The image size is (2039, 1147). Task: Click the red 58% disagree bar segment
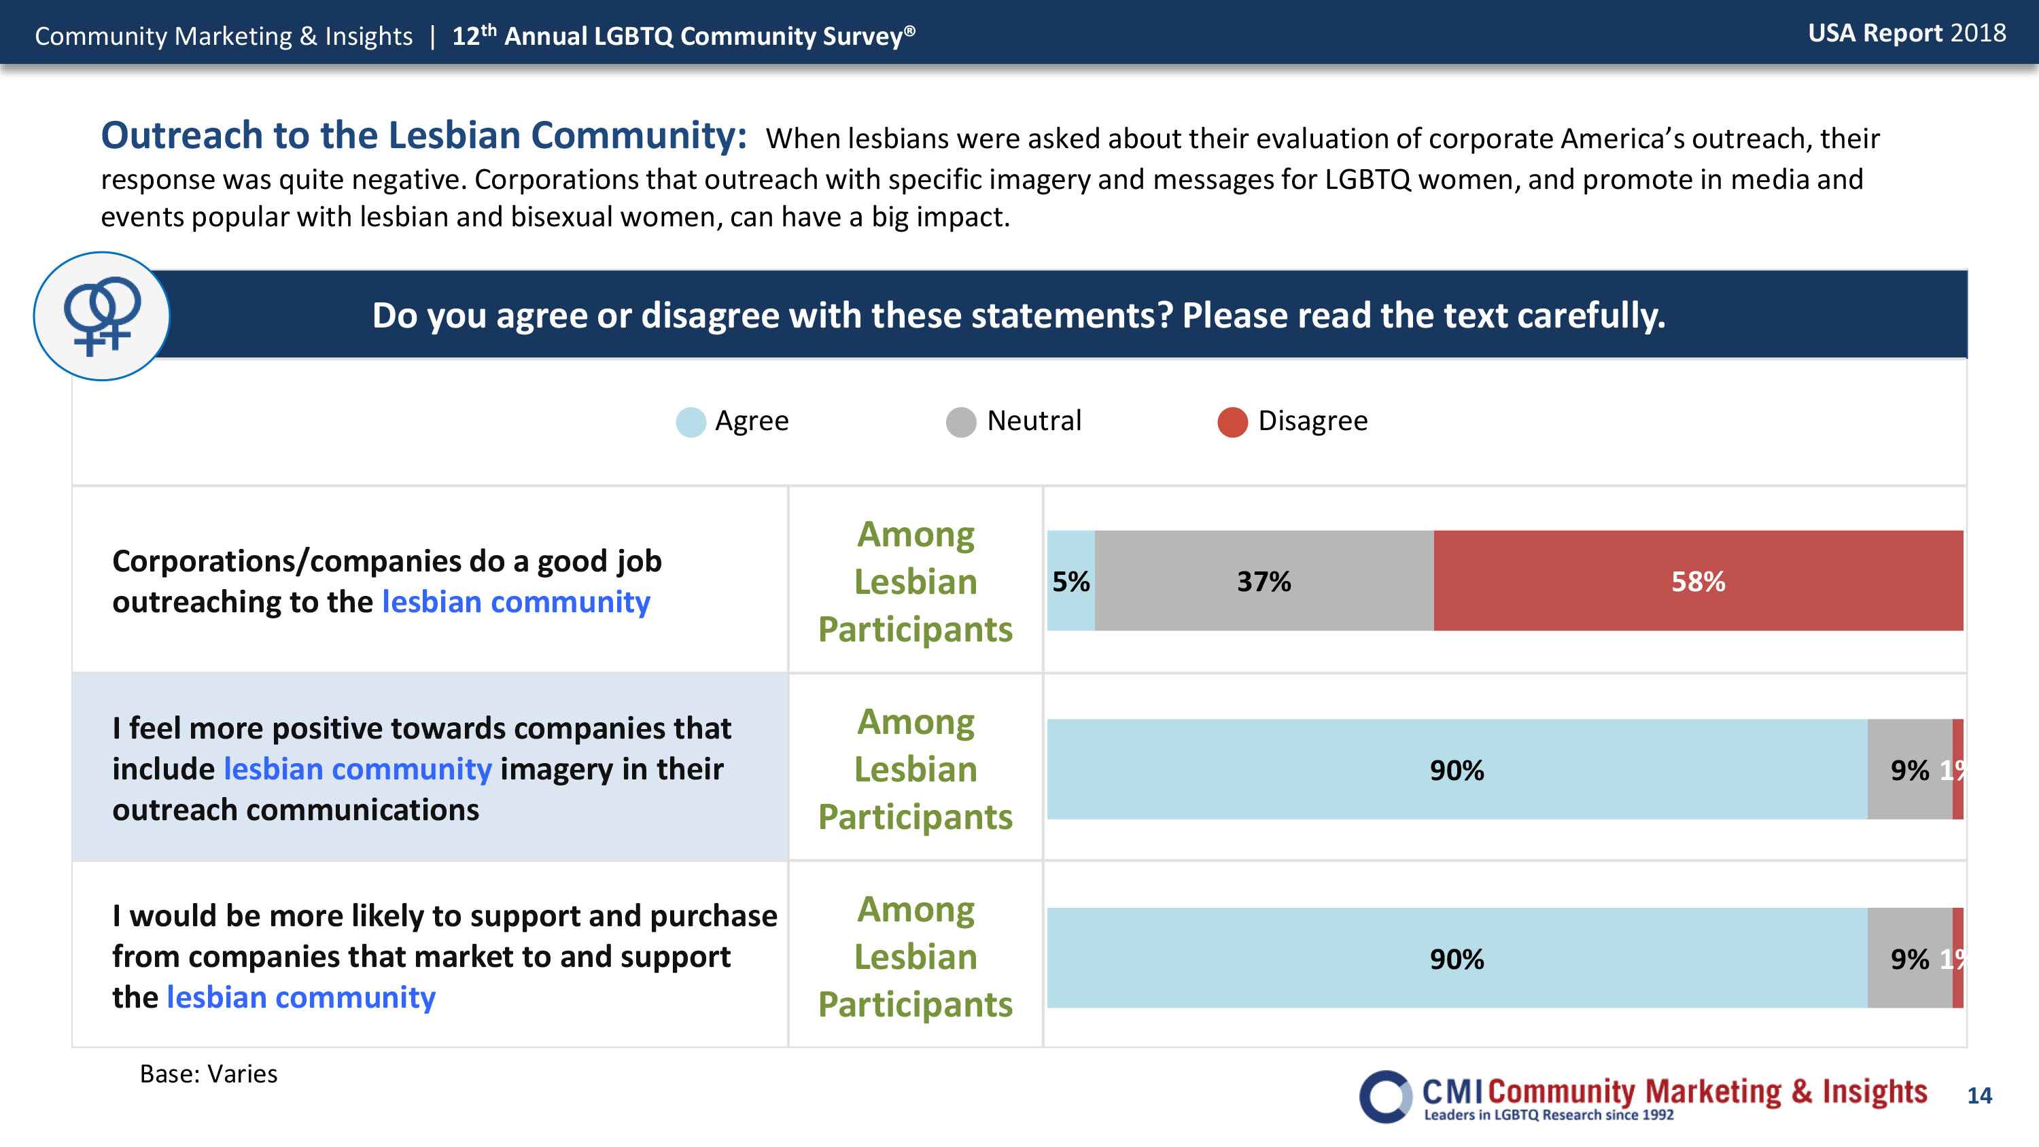point(1698,581)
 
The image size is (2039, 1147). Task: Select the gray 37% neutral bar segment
point(1264,581)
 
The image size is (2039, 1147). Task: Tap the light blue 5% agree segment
point(1070,581)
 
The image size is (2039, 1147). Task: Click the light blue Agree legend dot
point(691,422)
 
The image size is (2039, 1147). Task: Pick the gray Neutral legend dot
point(961,422)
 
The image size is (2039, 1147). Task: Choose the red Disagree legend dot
point(1232,422)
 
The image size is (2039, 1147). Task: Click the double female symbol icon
point(101,315)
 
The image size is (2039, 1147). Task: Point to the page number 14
point(1979,1095)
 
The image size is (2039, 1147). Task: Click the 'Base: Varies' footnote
point(208,1074)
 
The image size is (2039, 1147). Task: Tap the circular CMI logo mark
point(1385,1096)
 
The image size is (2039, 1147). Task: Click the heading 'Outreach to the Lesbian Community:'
point(423,135)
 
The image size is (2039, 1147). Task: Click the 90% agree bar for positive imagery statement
point(1457,769)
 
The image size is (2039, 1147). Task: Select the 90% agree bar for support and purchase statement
point(1457,958)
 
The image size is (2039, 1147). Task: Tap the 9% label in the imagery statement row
point(1909,769)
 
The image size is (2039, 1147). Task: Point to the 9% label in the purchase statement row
point(1909,959)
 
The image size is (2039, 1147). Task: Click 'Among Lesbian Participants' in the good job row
point(915,581)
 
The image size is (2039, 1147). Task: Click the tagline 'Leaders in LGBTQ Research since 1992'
point(1548,1114)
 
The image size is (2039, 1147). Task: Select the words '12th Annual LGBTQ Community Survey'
point(683,35)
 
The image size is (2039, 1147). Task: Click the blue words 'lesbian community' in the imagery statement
point(358,769)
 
